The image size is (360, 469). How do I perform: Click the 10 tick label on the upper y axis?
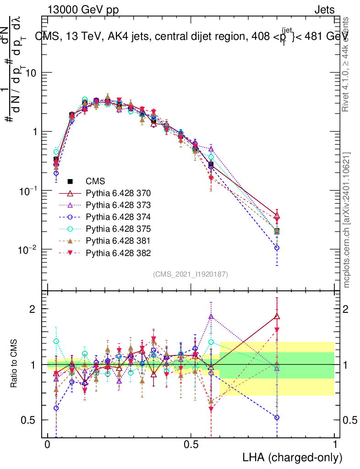30,73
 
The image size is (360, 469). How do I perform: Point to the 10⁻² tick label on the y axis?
26,249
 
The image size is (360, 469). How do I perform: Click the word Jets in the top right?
324,10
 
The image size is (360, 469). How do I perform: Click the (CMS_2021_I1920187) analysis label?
191,274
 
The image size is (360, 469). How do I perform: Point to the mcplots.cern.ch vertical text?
347,220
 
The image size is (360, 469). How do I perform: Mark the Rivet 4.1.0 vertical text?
347,64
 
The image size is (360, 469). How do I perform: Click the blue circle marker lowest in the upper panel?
277,248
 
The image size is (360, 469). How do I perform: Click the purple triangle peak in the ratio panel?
211,316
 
